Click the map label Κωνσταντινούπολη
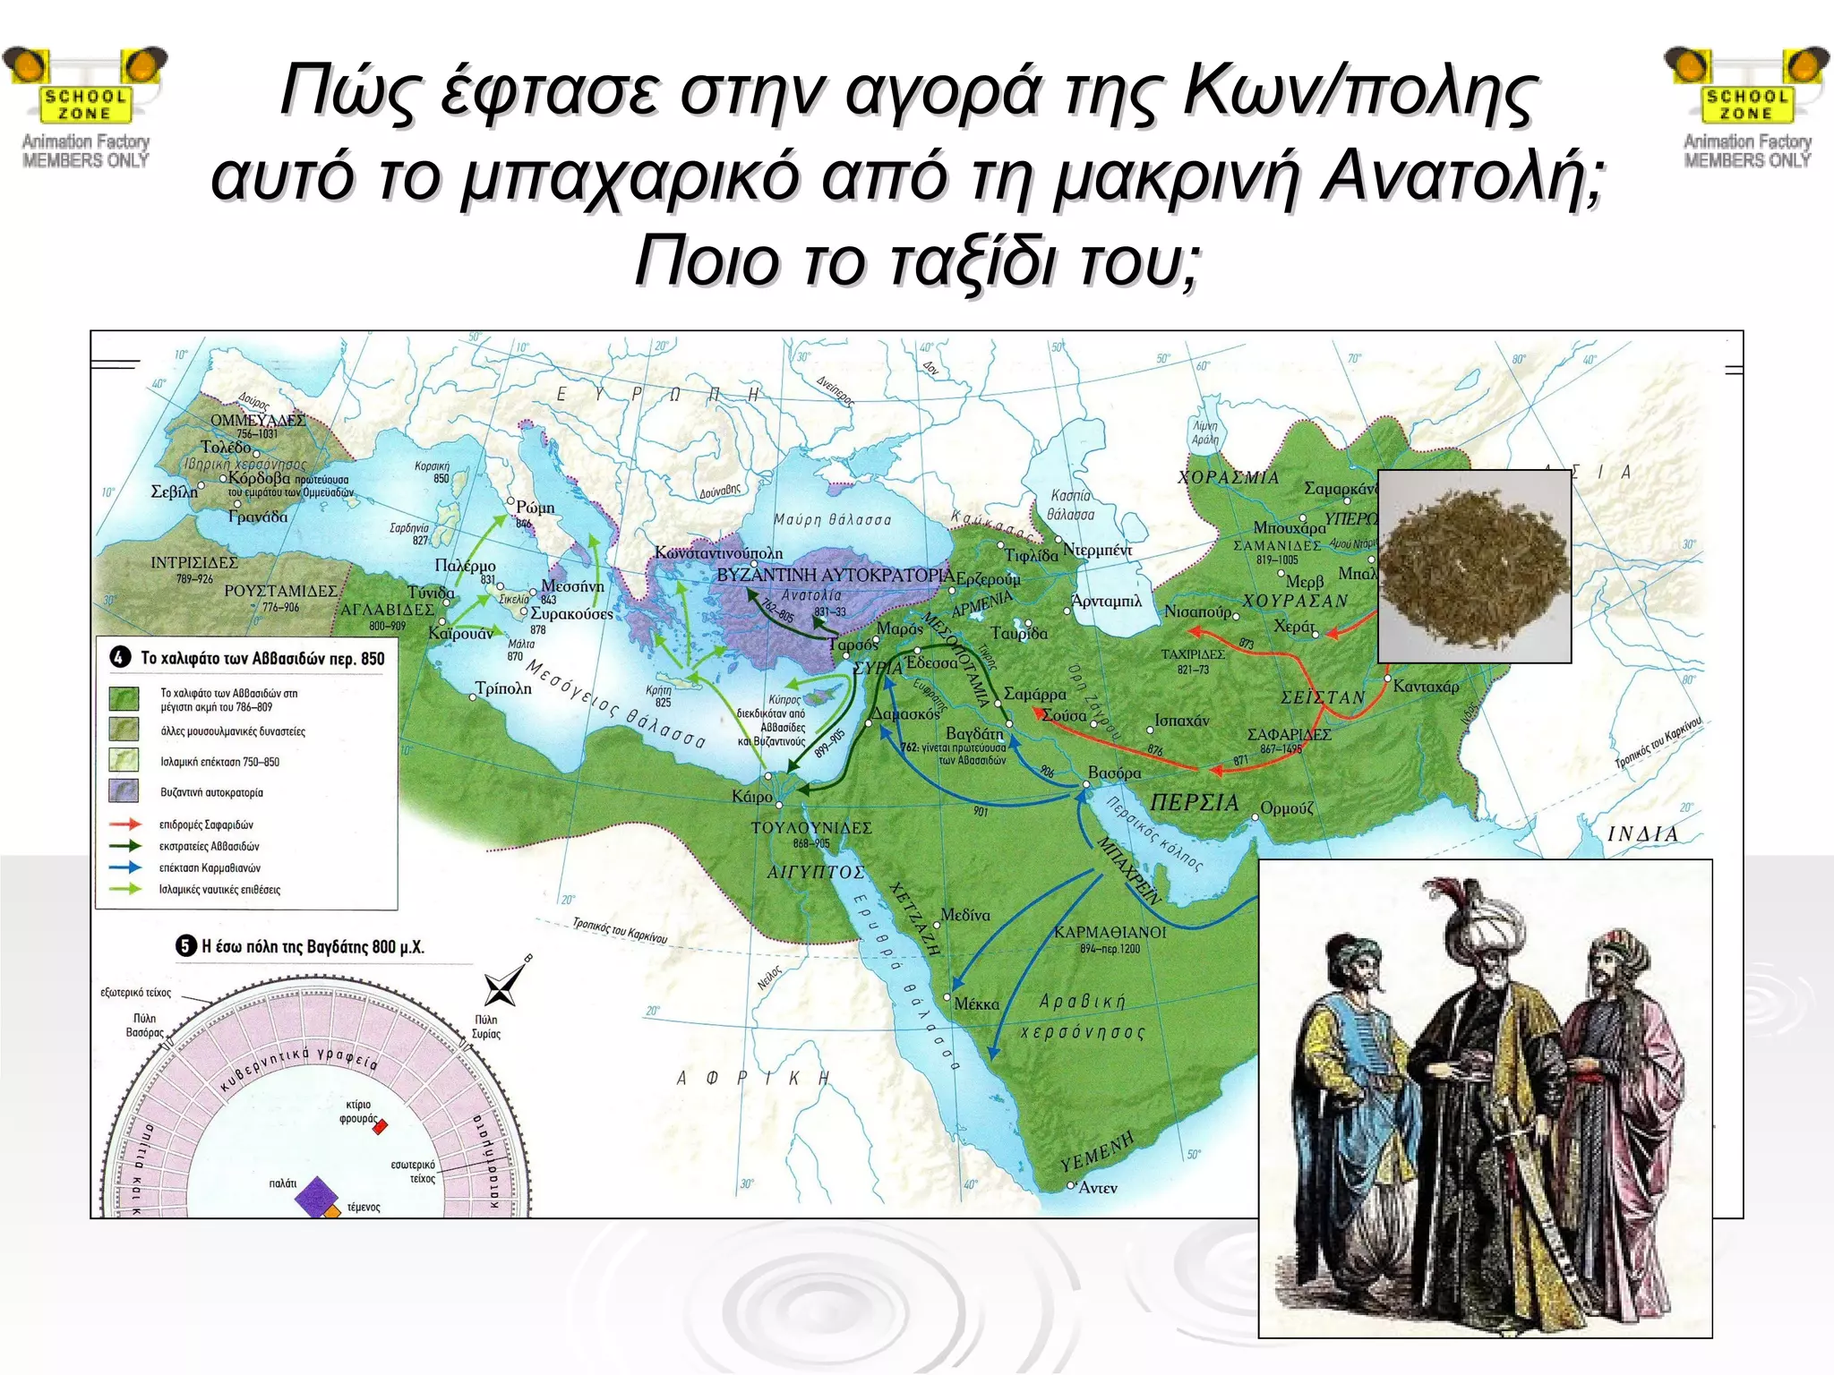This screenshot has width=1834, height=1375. point(718,553)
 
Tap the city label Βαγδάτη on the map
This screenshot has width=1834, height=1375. point(975,734)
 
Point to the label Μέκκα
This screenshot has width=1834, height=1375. point(976,1003)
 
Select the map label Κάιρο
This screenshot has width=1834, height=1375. point(751,796)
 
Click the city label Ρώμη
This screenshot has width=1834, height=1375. point(535,508)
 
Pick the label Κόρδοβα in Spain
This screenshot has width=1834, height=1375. point(259,478)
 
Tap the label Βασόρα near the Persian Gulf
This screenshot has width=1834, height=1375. point(1114,772)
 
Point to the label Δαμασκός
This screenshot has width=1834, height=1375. point(906,714)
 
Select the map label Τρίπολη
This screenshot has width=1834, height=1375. point(503,688)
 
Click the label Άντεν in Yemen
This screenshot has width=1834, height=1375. point(1098,1188)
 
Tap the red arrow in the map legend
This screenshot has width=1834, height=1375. point(124,824)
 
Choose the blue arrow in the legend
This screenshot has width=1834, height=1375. point(124,867)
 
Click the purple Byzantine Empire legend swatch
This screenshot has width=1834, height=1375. point(124,790)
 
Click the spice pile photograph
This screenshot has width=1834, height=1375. point(1474,566)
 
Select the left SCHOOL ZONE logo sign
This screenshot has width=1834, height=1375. point(86,105)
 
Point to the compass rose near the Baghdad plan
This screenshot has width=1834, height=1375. point(501,987)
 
